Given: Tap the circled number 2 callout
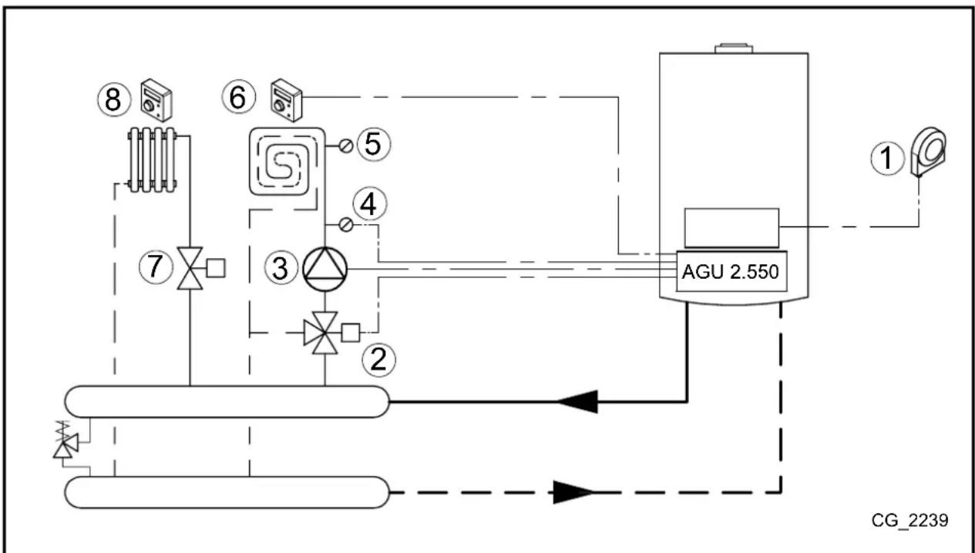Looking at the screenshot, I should [x=379, y=359].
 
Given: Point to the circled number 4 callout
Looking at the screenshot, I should [x=372, y=205].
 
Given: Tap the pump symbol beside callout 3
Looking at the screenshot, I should [x=324, y=268].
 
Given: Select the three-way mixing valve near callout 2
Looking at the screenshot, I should [x=324, y=333].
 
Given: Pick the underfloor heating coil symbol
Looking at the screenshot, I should [x=283, y=164].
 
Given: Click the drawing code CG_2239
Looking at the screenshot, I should [x=910, y=521].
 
